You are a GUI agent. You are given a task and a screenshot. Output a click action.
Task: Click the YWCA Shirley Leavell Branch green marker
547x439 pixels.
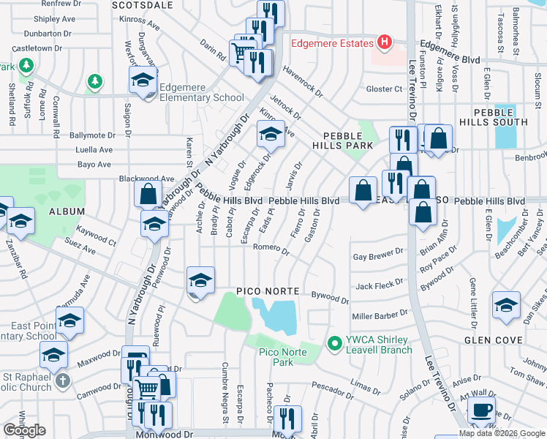pos(335,342)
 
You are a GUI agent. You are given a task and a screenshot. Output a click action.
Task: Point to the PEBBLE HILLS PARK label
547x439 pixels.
pos(343,142)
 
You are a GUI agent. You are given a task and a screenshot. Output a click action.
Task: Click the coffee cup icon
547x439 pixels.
pos(480,410)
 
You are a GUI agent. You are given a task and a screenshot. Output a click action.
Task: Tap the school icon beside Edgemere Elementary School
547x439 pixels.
pos(143,80)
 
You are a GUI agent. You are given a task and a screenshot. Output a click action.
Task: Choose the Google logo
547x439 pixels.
pos(24,430)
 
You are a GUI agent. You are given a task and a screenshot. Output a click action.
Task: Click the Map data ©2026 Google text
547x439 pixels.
pos(502,433)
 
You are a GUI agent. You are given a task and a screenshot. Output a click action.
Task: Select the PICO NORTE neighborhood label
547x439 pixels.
pos(268,291)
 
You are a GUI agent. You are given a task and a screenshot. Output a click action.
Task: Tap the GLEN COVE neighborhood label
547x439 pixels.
pos(494,340)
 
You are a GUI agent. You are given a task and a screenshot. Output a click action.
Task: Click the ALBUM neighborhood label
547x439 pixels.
pos(68,211)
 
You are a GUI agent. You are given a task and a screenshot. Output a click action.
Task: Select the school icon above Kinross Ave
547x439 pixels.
pos(270,134)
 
